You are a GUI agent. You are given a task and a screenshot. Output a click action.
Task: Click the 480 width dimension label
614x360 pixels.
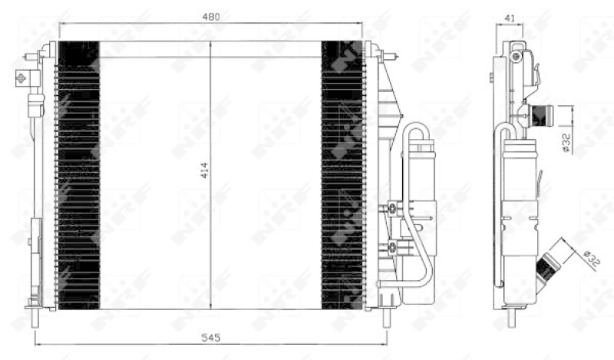click(211, 17)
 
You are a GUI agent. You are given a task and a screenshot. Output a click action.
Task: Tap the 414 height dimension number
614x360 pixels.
click(205, 170)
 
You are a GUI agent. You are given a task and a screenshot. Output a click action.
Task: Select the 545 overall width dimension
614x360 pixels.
click(211, 337)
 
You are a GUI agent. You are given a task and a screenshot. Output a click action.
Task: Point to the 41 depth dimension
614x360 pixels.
click(510, 18)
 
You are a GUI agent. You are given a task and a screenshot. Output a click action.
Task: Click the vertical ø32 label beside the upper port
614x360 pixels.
click(566, 143)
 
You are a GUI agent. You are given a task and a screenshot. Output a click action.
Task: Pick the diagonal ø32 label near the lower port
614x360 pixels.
click(591, 259)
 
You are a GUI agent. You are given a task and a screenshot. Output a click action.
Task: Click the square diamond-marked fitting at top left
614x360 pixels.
click(21, 79)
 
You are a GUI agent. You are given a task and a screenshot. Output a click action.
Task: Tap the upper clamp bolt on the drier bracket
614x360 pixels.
click(392, 208)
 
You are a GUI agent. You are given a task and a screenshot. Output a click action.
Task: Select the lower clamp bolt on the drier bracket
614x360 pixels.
click(392, 247)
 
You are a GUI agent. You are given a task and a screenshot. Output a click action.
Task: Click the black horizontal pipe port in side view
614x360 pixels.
click(540, 116)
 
